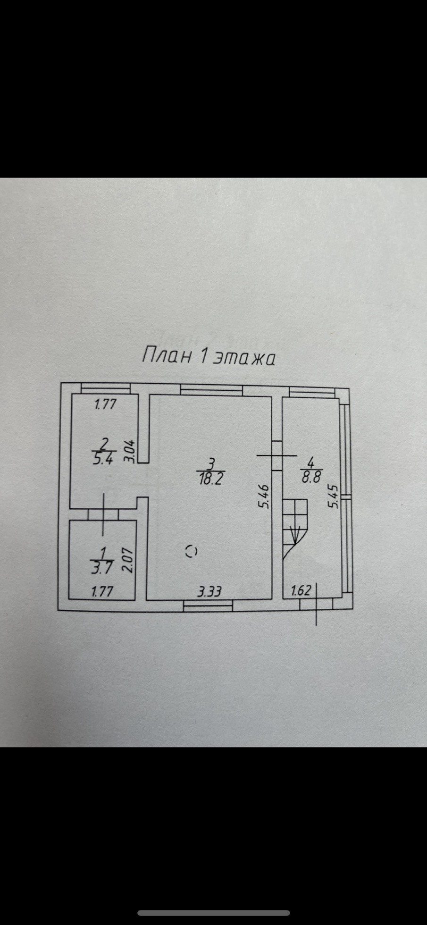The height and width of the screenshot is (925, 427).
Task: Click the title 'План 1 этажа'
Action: tap(208, 356)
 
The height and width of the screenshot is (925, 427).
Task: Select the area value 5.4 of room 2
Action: tap(103, 459)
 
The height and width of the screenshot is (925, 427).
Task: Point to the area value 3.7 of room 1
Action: tap(101, 567)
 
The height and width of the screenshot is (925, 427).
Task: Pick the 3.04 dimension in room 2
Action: tap(132, 451)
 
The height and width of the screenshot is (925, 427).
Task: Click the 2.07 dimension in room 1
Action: tap(128, 560)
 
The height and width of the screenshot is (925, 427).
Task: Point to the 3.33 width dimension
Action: tap(209, 591)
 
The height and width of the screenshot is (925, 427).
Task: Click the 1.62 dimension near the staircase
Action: tap(301, 590)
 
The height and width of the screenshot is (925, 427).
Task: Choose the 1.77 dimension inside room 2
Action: tap(105, 404)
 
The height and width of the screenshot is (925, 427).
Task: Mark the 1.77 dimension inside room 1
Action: tap(101, 591)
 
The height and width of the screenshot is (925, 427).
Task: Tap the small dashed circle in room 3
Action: tap(192, 551)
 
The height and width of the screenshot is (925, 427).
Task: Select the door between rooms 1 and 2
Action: tap(103, 514)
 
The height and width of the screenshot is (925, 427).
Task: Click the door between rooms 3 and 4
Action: tap(277, 455)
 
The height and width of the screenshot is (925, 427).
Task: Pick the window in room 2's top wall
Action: tap(105, 389)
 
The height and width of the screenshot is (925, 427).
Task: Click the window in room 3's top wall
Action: tap(211, 390)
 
